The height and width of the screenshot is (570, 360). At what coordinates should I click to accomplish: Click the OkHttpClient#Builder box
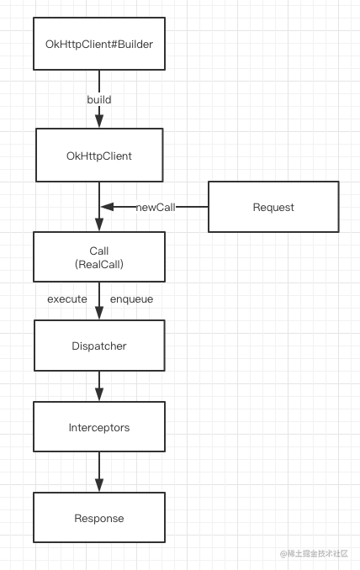click(99, 44)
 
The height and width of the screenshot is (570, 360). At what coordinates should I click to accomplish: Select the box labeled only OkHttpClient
click(99, 156)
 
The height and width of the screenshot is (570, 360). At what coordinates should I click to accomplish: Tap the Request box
click(273, 207)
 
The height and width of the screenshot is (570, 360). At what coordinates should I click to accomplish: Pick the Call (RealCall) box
click(99, 256)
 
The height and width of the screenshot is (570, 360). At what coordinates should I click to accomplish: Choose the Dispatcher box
click(99, 346)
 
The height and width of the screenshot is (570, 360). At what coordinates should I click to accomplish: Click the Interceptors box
click(99, 427)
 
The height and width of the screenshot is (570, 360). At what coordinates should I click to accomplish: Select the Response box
click(99, 517)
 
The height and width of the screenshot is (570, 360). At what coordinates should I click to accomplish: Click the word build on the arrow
click(99, 99)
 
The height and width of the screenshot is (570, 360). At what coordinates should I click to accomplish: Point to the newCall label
click(156, 207)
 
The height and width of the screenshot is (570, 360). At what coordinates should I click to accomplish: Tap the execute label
click(67, 299)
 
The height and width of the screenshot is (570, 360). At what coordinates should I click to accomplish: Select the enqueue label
click(132, 299)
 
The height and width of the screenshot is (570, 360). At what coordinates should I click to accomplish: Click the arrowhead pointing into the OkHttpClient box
click(99, 121)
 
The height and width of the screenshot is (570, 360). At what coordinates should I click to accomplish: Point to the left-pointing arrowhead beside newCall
click(108, 207)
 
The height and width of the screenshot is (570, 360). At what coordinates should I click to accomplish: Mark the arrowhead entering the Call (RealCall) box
click(99, 224)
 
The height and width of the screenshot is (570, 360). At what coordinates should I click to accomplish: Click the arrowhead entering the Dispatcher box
click(99, 313)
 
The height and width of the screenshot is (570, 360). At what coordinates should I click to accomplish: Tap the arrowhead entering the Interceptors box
click(99, 394)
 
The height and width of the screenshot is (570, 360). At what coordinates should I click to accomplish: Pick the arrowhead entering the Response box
click(99, 485)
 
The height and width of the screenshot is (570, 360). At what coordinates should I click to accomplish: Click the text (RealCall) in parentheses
click(99, 264)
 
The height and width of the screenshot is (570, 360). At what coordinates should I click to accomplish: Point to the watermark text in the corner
click(314, 554)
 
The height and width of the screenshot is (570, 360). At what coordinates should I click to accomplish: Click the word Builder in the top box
click(135, 44)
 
